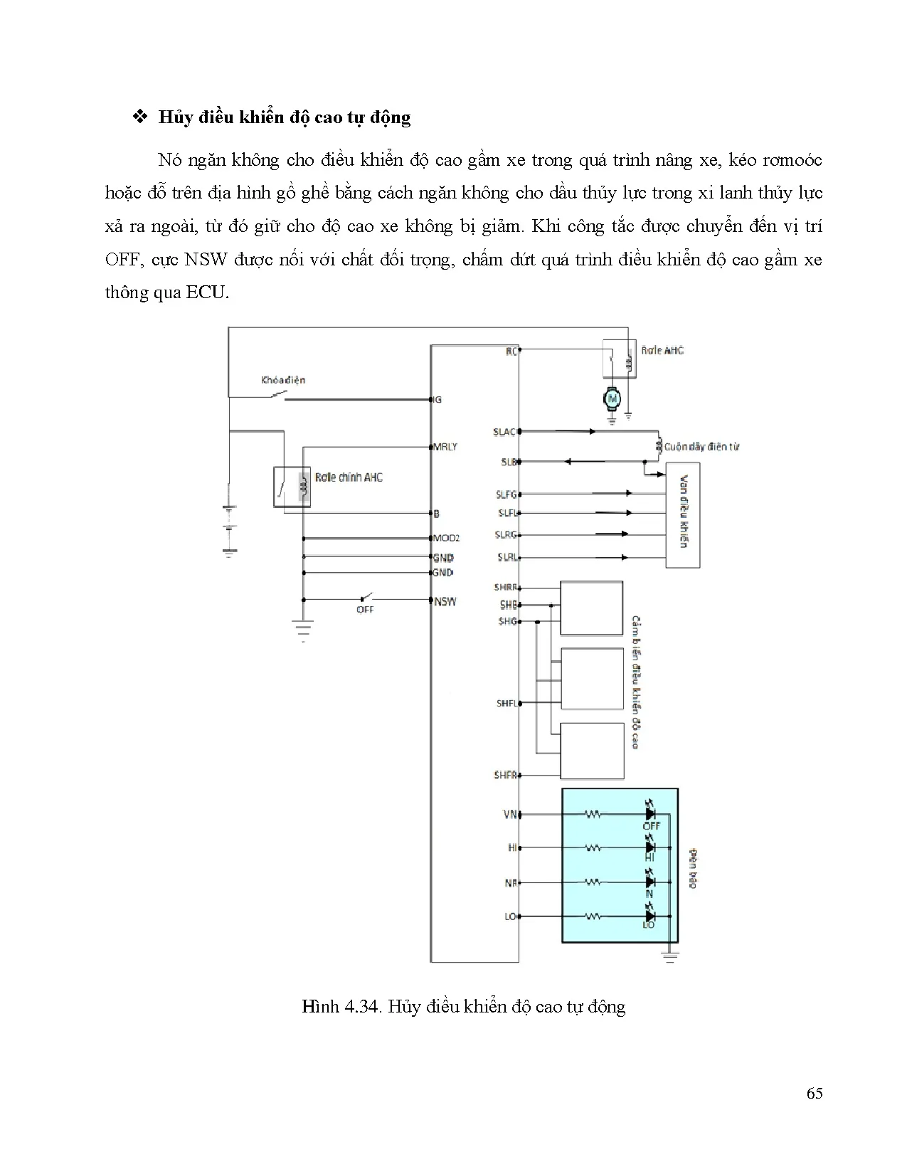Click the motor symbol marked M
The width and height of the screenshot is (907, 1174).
pos(612,399)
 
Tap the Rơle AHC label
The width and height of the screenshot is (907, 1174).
pos(662,350)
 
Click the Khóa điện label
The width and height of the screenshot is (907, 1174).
pos(283,380)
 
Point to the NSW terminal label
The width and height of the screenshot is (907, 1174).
pos(445,601)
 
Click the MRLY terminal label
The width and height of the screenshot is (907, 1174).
pos(446,447)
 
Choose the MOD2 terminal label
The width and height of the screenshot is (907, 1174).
pos(447,538)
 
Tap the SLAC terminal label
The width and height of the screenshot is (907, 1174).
pos(504,432)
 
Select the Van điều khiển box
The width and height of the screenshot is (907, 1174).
pos(683,515)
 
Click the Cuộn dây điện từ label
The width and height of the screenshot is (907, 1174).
pos(701,447)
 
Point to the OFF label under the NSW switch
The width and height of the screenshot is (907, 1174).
pos(365,610)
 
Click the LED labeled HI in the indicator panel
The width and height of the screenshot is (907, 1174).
pos(649,847)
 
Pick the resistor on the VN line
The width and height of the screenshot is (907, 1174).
pos(593,813)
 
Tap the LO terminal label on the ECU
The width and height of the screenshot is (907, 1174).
pos(510,916)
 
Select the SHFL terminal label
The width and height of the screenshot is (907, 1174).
pos(506,703)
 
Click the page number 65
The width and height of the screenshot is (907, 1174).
pos(815,1094)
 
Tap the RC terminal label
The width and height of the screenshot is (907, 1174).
pos(511,351)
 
